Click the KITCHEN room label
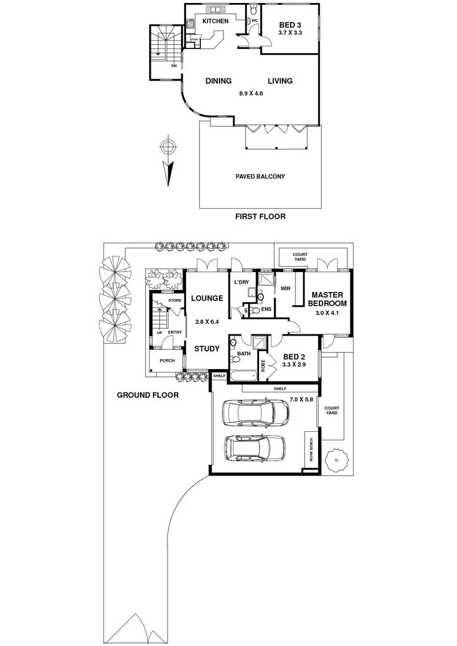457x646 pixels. (x=215, y=22)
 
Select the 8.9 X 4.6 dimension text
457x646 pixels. (x=251, y=93)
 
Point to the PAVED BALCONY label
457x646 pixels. (x=260, y=176)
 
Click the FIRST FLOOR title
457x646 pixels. (x=260, y=217)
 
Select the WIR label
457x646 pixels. (x=285, y=288)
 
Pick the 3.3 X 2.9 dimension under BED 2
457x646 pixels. (x=294, y=363)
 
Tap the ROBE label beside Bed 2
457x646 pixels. (x=263, y=365)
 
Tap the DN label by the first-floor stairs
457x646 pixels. (x=173, y=66)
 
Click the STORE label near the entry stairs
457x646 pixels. (x=175, y=300)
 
